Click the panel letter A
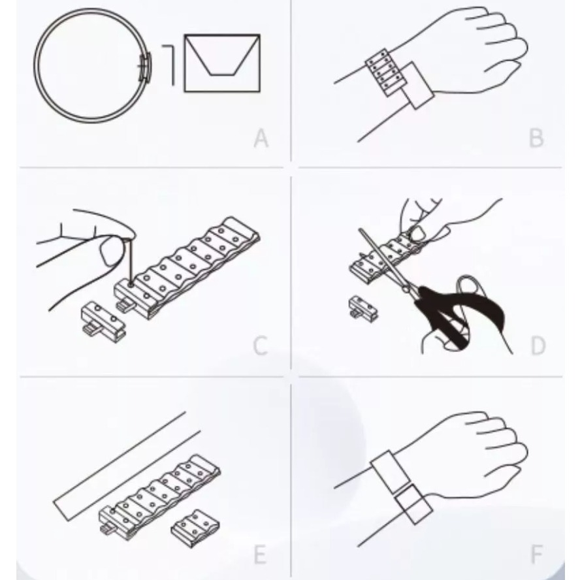click(x=261, y=138)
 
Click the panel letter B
click(x=536, y=138)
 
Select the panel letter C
click(x=261, y=346)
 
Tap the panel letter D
click(x=538, y=346)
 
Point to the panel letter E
click(x=261, y=555)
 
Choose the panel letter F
click(x=537, y=555)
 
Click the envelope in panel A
click(x=222, y=63)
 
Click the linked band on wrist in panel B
click(x=383, y=72)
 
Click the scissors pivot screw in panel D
click(x=406, y=289)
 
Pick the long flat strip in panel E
click(x=127, y=466)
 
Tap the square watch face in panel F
click(x=413, y=505)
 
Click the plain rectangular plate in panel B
click(x=417, y=86)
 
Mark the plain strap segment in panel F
click(x=390, y=472)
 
